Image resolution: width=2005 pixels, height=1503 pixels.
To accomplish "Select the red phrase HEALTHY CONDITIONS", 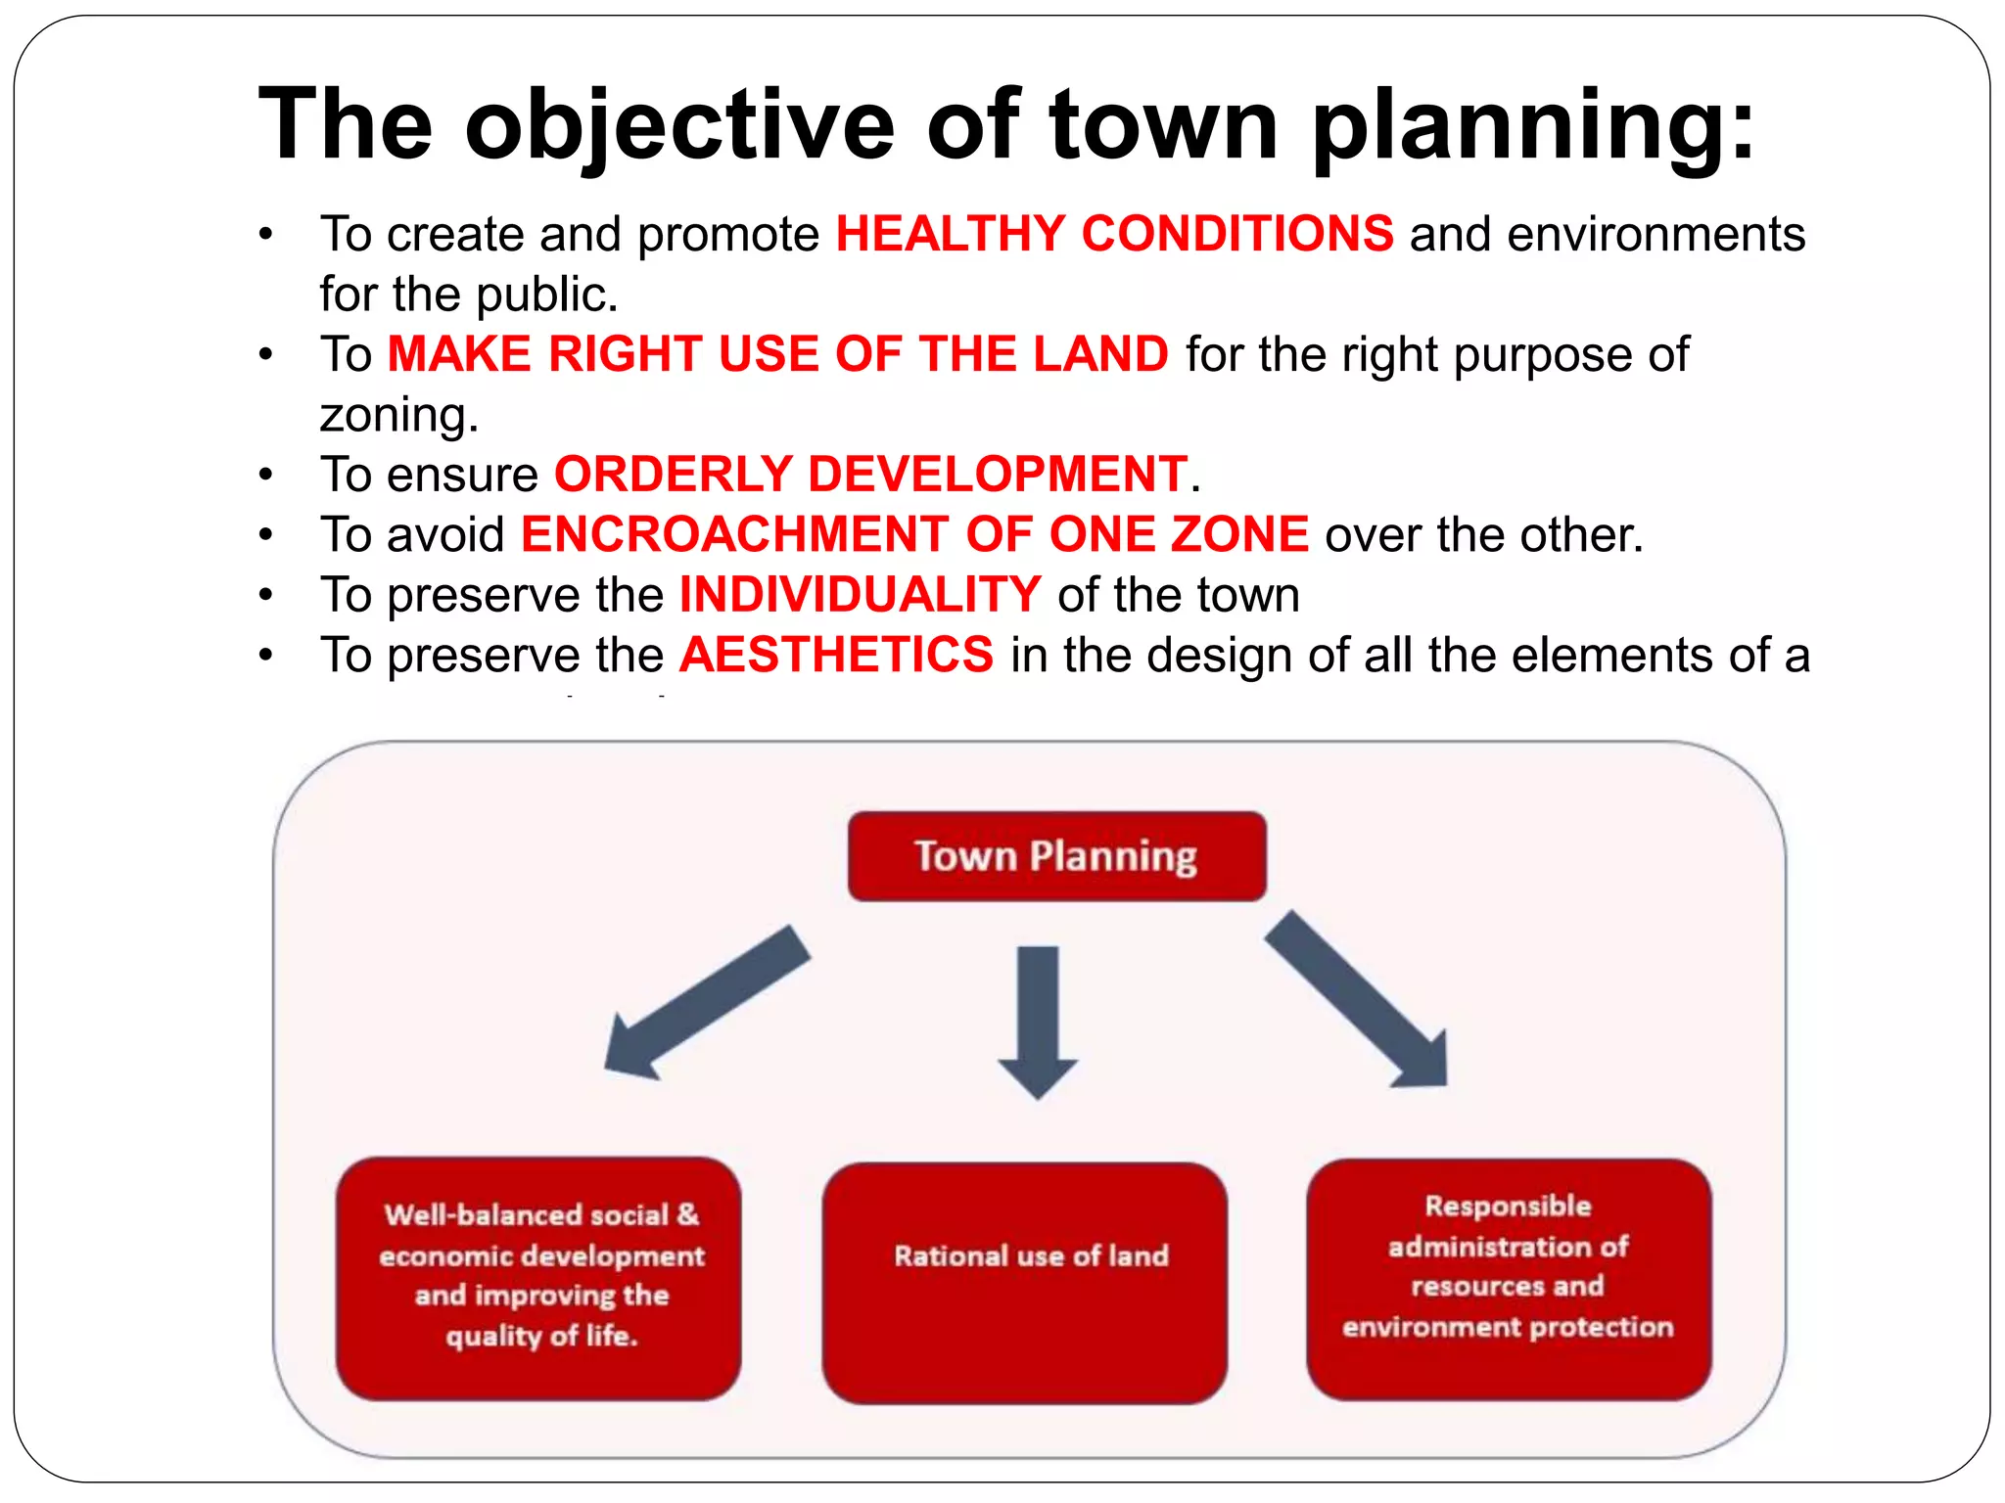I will tap(1114, 234).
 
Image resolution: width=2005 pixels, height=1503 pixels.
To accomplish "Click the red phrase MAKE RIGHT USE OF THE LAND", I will tap(778, 353).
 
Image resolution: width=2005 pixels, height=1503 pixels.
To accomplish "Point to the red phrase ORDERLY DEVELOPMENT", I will tap(870, 474).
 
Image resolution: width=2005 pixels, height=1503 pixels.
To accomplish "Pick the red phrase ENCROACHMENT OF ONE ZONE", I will tap(914, 534).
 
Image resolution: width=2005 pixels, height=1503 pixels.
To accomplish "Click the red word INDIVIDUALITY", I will tap(860, 595).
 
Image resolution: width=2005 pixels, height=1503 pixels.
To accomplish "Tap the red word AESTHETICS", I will tap(837, 655).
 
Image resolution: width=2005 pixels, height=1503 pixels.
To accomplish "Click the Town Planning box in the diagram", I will tap(1056, 856).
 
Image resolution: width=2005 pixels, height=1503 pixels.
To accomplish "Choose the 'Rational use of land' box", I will tap(1025, 1282).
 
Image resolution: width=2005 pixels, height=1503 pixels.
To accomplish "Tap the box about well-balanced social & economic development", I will tap(538, 1278).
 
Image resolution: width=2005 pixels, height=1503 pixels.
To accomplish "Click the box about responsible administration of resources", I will tap(1508, 1278).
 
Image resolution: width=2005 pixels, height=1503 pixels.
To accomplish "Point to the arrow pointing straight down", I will tap(1038, 1018).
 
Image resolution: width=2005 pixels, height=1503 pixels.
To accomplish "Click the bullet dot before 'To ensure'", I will tap(265, 475).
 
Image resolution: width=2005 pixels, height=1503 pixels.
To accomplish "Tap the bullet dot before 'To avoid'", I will tap(265, 535).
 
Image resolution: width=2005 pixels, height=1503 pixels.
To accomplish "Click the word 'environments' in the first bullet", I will tap(1655, 234).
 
